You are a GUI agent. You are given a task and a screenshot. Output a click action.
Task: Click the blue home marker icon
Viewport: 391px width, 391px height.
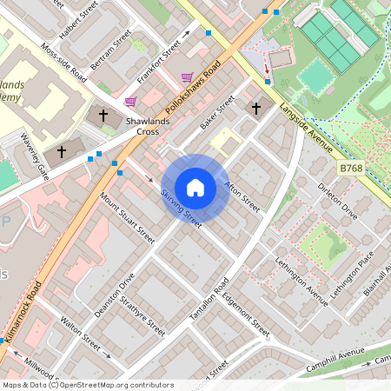[x=195, y=188]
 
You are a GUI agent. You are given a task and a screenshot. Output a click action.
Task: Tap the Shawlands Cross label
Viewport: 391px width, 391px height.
[x=141, y=127]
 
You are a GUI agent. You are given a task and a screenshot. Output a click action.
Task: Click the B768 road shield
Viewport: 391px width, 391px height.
[x=350, y=167]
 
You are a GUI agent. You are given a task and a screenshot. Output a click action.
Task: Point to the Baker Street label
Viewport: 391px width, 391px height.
[x=217, y=114]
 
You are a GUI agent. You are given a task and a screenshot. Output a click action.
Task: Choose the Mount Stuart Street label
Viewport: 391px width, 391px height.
[x=127, y=217]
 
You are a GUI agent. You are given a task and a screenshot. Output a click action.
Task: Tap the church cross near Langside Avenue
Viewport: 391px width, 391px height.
[x=255, y=109]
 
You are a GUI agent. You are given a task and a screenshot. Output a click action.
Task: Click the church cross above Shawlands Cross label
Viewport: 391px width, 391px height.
[x=103, y=114]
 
